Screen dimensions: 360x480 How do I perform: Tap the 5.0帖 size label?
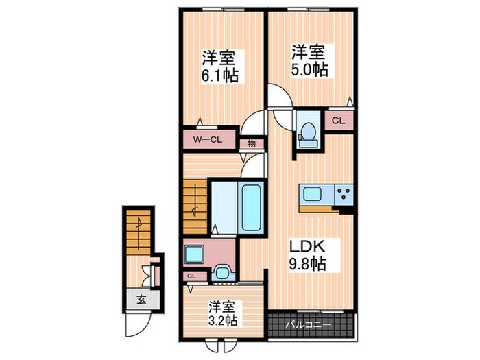point(309,69)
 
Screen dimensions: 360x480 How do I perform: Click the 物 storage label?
point(251,143)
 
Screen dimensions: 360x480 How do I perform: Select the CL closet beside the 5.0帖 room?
point(338,121)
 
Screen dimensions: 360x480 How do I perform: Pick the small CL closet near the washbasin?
point(191,276)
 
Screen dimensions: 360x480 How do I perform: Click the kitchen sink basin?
point(309,193)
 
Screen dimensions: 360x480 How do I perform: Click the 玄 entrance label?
point(140,299)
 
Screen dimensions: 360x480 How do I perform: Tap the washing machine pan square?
point(194,254)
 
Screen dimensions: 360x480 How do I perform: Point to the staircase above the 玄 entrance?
point(139,233)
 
